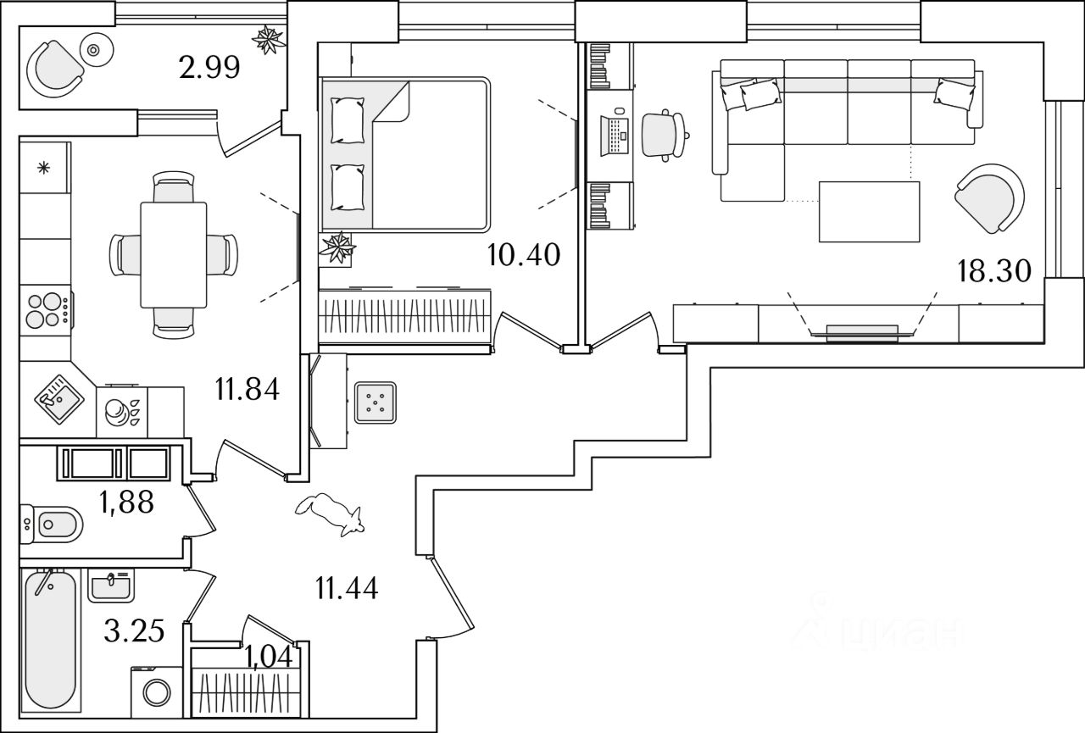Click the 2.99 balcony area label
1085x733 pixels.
point(209,67)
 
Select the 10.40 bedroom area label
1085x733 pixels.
point(524,255)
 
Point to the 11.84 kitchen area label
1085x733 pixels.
point(248,389)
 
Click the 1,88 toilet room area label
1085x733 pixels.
point(126,502)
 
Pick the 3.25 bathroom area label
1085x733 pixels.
point(134,630)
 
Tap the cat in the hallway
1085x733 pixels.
point(330,514)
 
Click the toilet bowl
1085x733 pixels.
point(52,524)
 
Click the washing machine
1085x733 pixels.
point(157,691)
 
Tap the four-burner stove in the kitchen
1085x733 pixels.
point(47,310)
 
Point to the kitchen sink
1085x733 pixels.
point(59,399)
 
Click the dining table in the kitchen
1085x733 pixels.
point(174,255)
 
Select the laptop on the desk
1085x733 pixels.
point(615,136)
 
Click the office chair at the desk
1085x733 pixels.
point(664,136)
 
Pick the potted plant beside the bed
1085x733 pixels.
point(337,248)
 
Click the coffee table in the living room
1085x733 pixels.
point(869,212)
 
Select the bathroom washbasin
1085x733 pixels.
point(111,586)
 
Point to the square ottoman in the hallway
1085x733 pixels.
point(376,403)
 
